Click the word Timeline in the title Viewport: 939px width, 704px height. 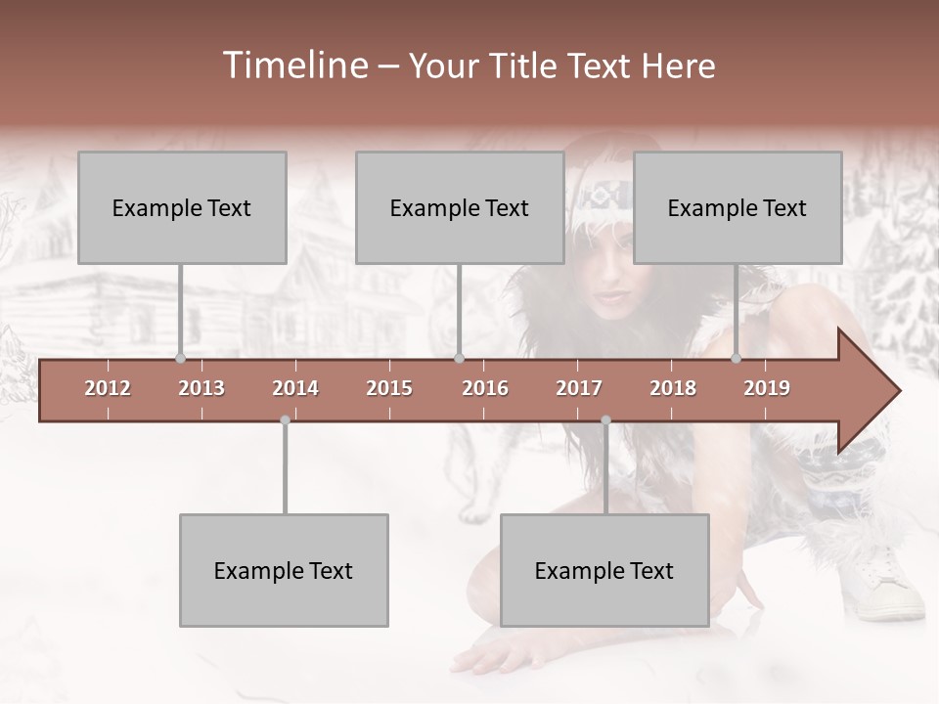293,66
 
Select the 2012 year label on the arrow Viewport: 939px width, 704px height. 108,388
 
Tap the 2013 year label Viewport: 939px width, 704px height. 201,388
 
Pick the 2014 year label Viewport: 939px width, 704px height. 295,388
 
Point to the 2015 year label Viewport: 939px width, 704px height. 389,388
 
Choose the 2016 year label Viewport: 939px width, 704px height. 485,388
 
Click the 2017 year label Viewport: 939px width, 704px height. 579,388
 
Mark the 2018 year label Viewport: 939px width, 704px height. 673,388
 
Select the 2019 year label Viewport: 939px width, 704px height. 767,388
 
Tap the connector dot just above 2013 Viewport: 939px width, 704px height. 180,358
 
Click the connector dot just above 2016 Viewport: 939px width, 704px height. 459,358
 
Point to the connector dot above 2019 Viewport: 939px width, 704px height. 736,358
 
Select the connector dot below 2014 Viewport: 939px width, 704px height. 285,420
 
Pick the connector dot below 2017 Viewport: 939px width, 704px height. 605,420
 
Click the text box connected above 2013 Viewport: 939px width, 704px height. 182,208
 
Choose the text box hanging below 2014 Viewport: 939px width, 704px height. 284,571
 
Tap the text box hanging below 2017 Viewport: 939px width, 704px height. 604,571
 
